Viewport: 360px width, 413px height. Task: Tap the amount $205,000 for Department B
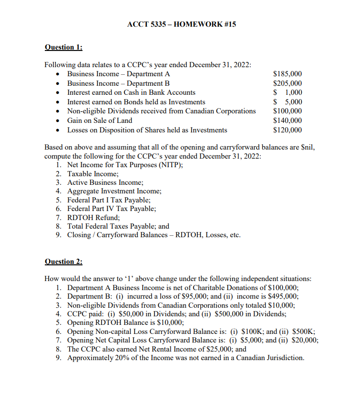[x=287, y=83]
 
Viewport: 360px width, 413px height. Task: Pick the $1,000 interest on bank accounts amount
[x=287, y=92]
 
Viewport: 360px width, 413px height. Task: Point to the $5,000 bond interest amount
[x=287, y=102]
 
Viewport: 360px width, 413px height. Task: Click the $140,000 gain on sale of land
[x=287, y=121]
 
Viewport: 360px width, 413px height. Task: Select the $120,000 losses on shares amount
[x=287, y=130]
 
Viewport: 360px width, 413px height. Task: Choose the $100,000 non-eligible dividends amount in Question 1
[x=287, y=111]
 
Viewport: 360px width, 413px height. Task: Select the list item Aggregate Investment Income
[x=114, y=191]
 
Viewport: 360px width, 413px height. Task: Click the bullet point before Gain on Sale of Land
[x=58, y=121]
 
